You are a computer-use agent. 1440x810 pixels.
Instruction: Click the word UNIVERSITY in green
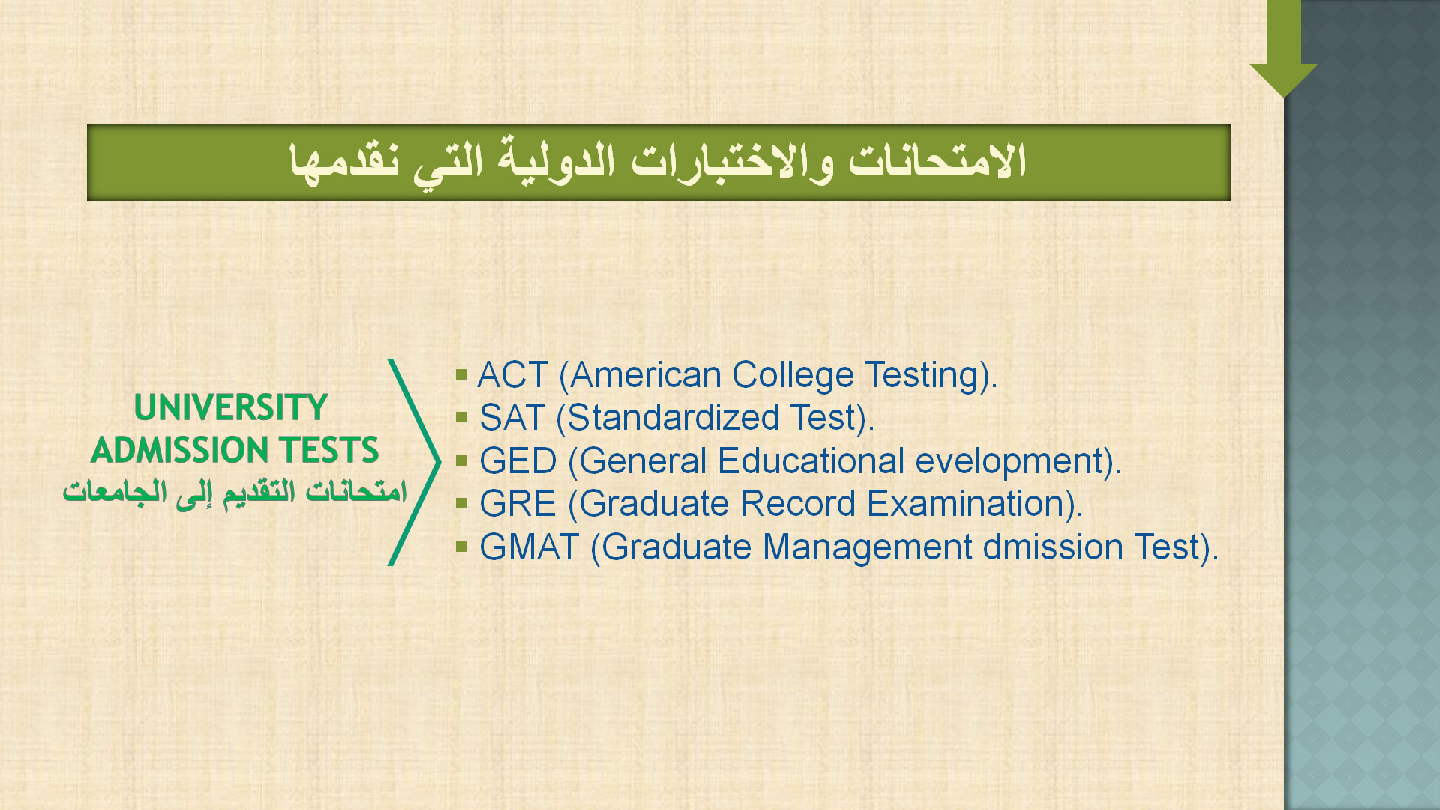[x=231, y=408]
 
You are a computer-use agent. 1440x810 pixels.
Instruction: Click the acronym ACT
[x=513, y=375]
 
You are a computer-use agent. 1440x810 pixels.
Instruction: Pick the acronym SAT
[x=511, y=418]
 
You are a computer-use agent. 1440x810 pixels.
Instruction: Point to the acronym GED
[x=517, y=461]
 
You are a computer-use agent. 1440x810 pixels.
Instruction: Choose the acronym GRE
[x=517, y=504]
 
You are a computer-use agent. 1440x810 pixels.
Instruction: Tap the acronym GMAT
[x=529, y=547]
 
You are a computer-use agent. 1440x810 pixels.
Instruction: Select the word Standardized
[x=673, y=418]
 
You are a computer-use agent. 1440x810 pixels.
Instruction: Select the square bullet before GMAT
[x=461, y=546]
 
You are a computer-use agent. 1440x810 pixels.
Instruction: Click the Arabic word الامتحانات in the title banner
[x=937, y=162]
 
